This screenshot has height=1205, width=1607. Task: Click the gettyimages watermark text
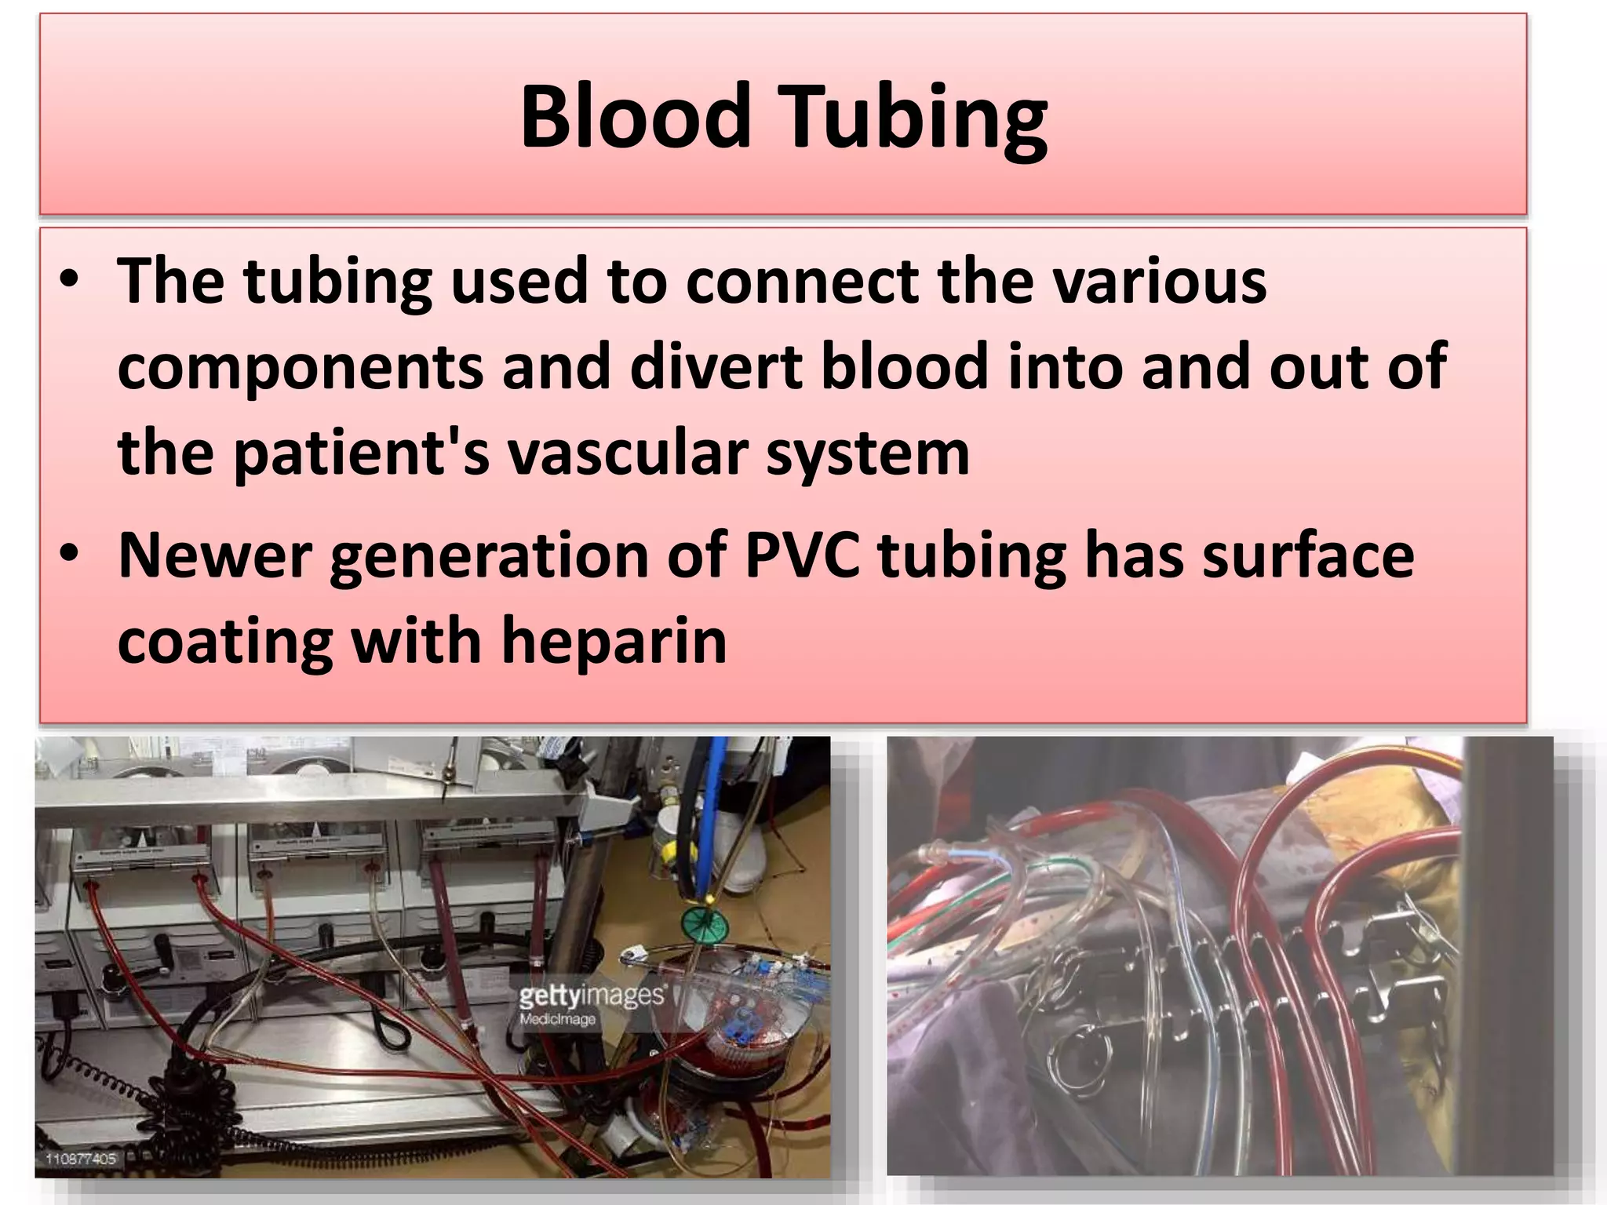[x=590, y=996]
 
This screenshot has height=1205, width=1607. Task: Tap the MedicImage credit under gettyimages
[x=557, y=1019]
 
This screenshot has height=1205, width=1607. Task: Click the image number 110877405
[x=81, y=1159]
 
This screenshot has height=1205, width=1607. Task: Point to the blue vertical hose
[x=711, y=808]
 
